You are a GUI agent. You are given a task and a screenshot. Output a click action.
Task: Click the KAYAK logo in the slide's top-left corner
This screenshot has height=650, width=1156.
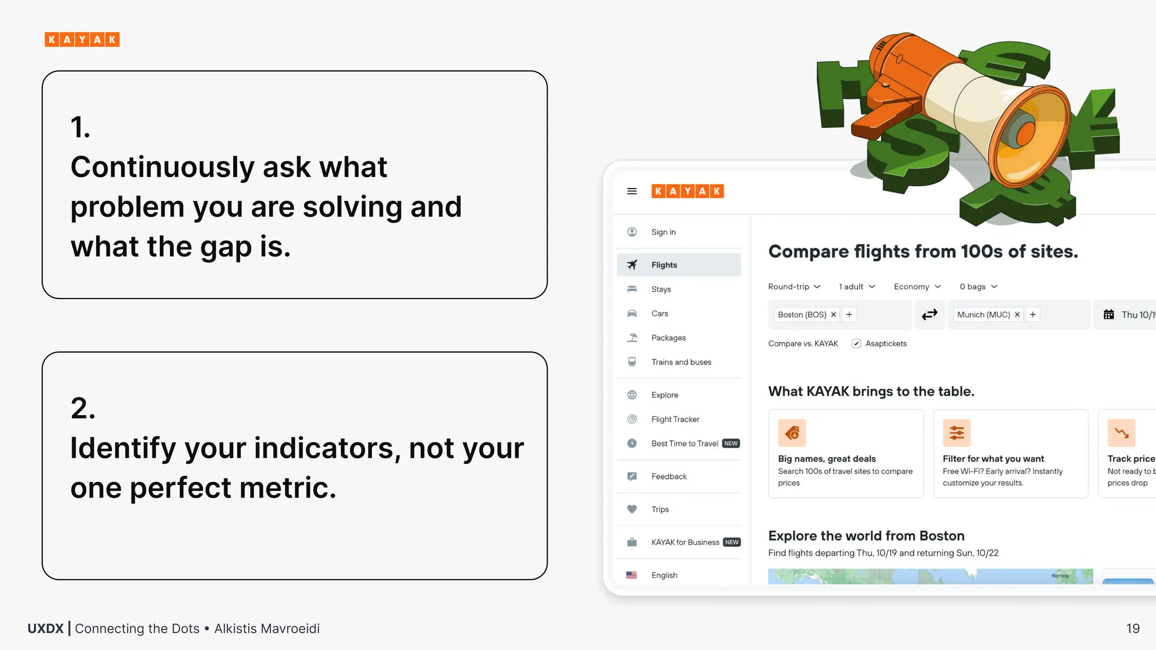tap(82, 39)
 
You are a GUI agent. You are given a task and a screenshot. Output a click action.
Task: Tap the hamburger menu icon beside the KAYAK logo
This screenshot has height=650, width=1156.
tap(632, 191)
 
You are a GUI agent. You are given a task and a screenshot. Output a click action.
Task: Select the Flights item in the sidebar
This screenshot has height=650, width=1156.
tap(664, 265)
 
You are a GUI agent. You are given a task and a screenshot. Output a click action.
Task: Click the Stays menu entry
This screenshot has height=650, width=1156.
tap(661, 289)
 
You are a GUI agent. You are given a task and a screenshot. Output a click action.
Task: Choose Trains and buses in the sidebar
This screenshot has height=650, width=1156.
tap(681, 362)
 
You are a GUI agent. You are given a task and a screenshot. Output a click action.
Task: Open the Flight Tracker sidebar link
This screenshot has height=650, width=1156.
tap(675, 419)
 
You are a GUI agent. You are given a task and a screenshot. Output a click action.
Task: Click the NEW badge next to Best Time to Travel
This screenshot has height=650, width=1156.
tap(731, 443)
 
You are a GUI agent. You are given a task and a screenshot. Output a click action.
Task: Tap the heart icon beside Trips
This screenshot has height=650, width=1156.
tap(632, 509)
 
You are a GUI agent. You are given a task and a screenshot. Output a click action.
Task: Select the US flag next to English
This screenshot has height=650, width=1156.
tap(632, 575)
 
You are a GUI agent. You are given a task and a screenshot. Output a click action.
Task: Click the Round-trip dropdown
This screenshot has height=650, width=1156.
tap(794, 287)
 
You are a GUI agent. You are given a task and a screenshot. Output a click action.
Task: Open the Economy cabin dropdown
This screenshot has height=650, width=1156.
tap(917, 287)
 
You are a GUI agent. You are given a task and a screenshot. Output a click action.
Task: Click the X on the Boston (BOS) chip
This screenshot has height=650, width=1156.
tap(834, 315)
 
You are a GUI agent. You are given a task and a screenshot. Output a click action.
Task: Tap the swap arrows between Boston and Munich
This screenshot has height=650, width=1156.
tap(929, 314)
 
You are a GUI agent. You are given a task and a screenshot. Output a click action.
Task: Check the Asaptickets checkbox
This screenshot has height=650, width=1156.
tap(856, 344)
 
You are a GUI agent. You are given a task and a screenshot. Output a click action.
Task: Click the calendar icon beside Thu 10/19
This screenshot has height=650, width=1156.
tap(1109, 315)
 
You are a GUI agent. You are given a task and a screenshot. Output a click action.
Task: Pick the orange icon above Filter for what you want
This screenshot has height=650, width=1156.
tap(957, 433)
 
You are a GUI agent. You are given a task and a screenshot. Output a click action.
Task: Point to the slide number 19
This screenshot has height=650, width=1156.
tap(1133, 629)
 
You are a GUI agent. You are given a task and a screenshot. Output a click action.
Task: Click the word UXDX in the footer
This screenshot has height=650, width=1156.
tap(46, 629)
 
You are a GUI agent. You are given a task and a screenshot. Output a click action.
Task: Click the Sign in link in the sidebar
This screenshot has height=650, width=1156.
tap(663, 232)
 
